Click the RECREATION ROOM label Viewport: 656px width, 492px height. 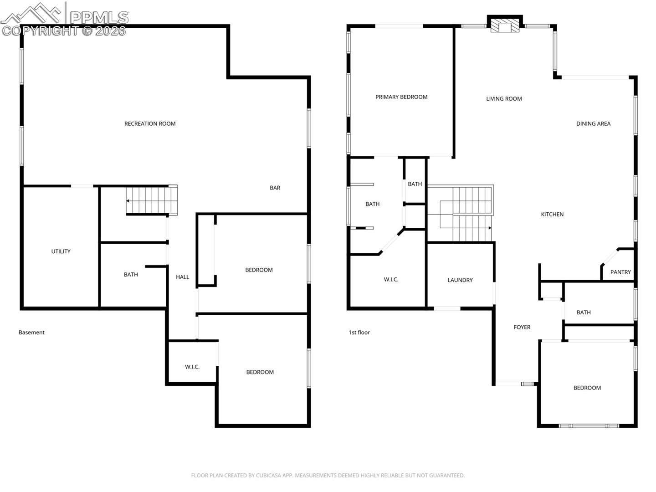click(x=150, y=123)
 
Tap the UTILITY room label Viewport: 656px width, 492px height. click(x=61, y=251)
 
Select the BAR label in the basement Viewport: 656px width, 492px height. click(x=275, y=188)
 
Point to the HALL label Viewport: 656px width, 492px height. click(x=182, y=277)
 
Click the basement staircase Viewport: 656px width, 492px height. click(x=152, y=200)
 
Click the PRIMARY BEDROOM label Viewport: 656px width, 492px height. click(x=401, y=97)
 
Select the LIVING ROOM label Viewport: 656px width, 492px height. click(x=504, y=98)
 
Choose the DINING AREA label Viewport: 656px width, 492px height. click(x=593, y=123)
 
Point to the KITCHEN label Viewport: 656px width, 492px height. click(x=552, y=214)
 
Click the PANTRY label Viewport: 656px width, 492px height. click(x=620, y=272)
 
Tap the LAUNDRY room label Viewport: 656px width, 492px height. click(x=460, y=280)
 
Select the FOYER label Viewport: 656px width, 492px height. click(x=522, y=327)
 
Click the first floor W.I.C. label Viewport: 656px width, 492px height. click(x=391, y=279)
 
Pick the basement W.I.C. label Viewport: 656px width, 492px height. click(x=192, y=367)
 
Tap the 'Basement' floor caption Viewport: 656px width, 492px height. click(x=31, y=332)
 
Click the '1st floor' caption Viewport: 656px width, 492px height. click(x=359, y=332)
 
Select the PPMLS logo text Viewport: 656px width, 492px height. click(x=99, y=18)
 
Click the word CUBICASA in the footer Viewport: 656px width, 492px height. click(x=266, y=475)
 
